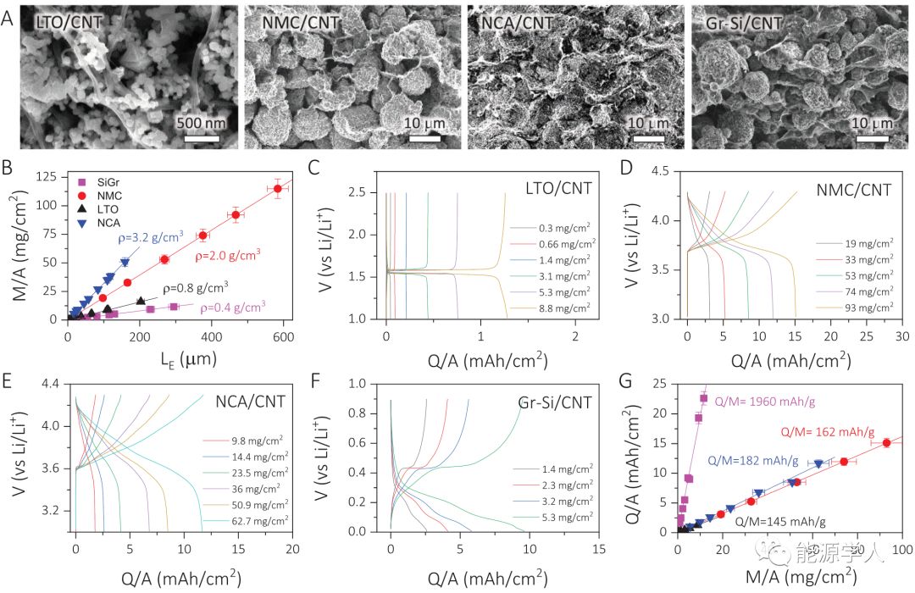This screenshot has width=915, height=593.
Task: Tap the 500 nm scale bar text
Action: coord(202,123)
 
